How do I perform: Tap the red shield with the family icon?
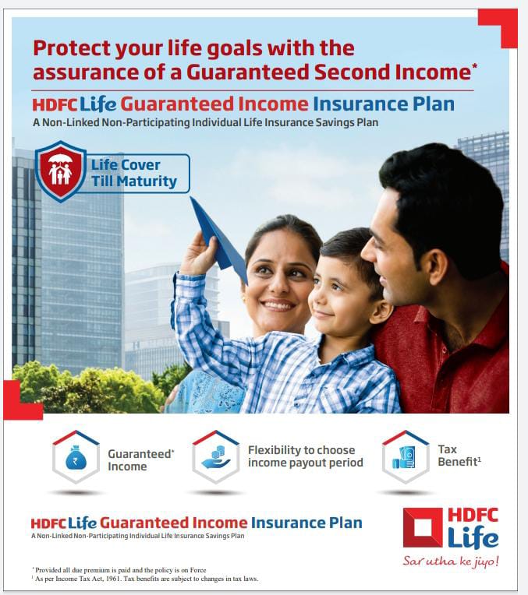[61, 171]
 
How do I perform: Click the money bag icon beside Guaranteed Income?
[76, 458]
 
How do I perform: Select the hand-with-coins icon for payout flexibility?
[216, 457]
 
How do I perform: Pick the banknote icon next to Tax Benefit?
[404, 458]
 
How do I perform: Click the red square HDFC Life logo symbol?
[423, 527]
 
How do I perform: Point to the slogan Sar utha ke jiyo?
[451, 561]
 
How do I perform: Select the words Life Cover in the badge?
[126, 165]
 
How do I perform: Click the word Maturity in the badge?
[147, 181]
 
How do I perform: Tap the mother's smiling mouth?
[278, 305]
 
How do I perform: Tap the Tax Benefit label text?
[459, 456]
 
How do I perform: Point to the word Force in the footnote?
[198, 570]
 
